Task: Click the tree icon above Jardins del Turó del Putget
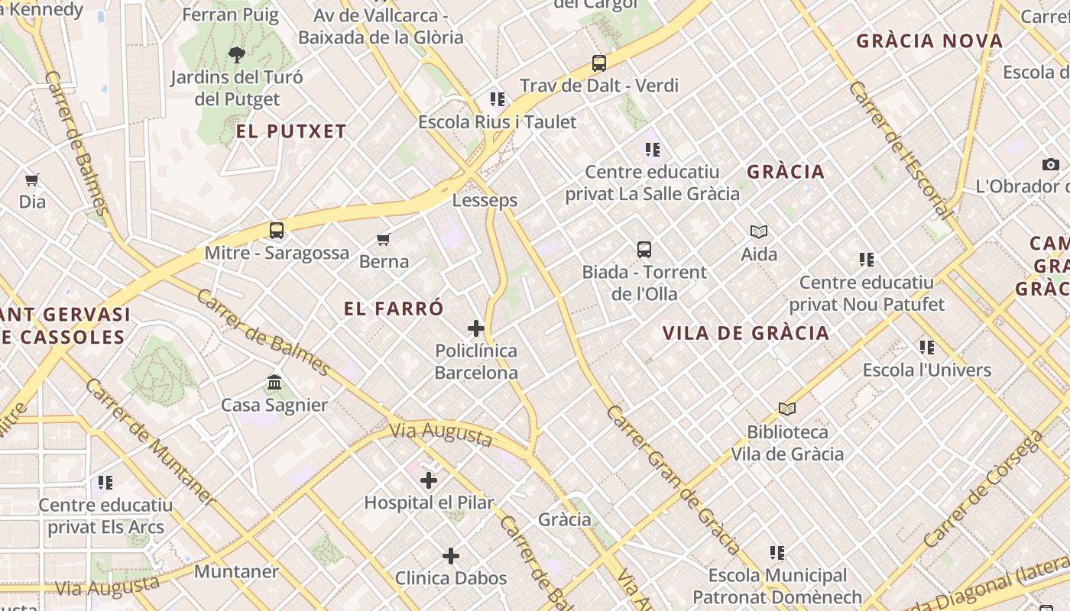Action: pos(237,54)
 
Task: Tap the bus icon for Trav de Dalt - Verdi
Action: pos(599,63)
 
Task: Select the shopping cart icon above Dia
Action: pos(31,180)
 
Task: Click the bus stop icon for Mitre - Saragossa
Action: pos(277,231)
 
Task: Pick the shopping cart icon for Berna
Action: pos(384,240)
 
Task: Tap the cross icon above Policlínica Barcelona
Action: pos(476,328)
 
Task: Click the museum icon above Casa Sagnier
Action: pos(274,382)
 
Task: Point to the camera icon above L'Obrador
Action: pos(1051,164)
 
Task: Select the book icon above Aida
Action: pos(759,231)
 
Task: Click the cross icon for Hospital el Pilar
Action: pos(429,480)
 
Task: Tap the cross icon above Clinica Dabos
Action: pos(451,556)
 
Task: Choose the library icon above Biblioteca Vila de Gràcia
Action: pos(786,409)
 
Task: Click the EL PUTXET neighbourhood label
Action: pos(291,131)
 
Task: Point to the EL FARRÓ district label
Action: pos(394,309)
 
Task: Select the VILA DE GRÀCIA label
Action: pos(746,333)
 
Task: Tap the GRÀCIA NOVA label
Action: pos(929,41)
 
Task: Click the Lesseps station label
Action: pos(485,200)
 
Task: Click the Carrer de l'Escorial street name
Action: pos(900,149)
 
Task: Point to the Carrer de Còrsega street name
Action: pos(983,489)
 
